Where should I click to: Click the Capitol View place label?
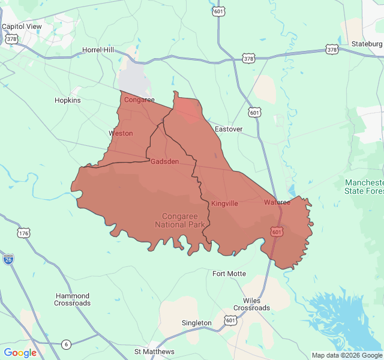pos(22,26)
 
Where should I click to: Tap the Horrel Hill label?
pos(98,50)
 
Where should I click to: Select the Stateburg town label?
pos(366,43)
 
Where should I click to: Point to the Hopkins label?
pos(67,100)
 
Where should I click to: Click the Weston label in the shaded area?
pos(121,133)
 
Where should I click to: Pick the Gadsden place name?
pos(164,161)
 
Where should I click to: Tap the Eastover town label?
pos(229,129)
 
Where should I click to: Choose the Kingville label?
pos(224,203)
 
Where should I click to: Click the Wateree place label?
pos(277,202)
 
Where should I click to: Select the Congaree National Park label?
pos(180,220)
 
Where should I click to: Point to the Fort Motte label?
pos(229,274)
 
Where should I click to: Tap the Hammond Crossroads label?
pos(73,299)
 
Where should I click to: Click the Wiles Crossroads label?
pos(252,304)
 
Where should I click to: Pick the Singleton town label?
pos(197,323)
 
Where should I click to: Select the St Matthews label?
pos(154,352)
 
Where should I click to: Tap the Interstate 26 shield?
pos(8,259)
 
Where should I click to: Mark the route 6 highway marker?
pos(66,344)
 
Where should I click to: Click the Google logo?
pos(20,353)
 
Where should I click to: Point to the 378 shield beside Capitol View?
pos(11,39)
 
